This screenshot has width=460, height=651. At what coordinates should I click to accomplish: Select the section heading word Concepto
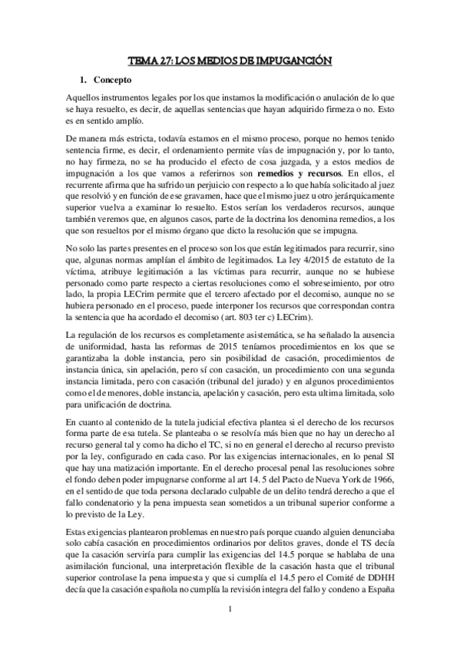114,80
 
